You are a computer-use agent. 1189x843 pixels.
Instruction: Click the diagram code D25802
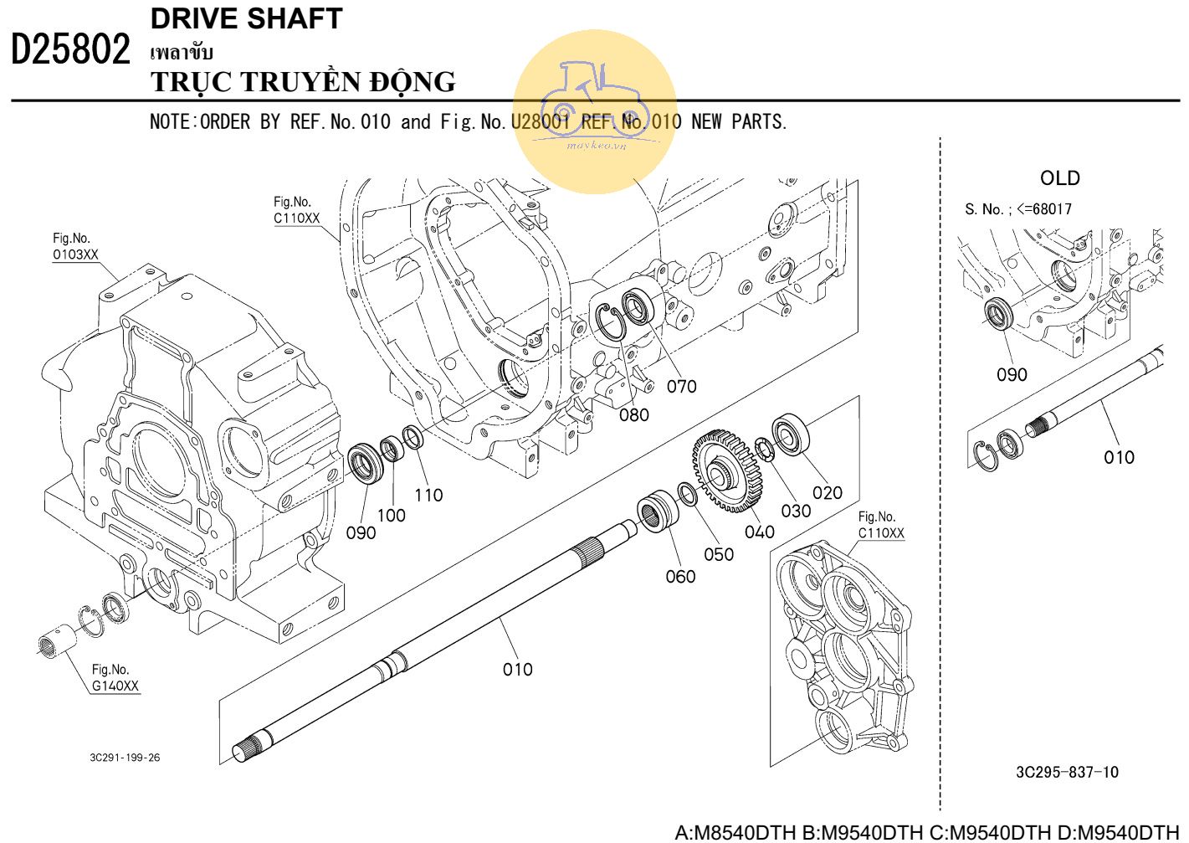[70, 49]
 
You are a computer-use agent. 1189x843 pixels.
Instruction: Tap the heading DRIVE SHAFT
[246, 18]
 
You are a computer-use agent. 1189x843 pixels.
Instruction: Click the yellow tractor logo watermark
[595, 111]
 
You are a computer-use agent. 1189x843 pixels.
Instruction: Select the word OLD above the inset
[1059, 178]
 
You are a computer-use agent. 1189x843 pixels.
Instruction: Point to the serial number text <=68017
[1044, 208]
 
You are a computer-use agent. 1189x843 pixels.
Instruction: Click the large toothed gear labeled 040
[726, 471]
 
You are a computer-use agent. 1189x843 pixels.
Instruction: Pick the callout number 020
[827, 492]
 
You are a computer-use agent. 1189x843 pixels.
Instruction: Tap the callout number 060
[680, 576]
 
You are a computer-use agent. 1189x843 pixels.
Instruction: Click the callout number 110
[428, 495]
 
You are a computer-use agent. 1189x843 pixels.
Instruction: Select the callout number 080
[633, 415]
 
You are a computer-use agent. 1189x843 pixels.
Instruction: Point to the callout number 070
[681, 386]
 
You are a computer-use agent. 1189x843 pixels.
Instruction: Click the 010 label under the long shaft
[517, 670]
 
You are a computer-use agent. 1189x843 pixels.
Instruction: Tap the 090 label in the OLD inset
[1011, 374]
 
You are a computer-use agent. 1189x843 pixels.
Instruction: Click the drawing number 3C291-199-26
[125, 758]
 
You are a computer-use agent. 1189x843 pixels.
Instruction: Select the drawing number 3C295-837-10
[1067, 772]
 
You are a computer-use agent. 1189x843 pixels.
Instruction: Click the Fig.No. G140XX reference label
[115, 677]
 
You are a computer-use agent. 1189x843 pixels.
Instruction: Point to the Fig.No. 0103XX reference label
[75, 246]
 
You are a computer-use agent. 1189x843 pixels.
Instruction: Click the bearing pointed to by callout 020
[790, 434]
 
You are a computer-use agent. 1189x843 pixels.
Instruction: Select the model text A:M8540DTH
[735, 832]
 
